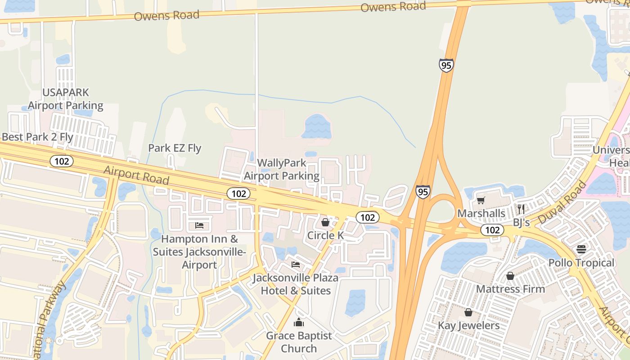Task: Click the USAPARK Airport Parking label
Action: pos(66,99)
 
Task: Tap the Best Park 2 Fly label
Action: pos(37,137)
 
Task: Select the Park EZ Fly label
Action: pos(175,148)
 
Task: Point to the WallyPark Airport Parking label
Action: pos(282,169)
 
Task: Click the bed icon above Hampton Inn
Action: pos(199,225)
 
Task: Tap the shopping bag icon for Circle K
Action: pos(325,222)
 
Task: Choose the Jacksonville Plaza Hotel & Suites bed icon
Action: pos(296,264)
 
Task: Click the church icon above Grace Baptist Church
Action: pos(299,322)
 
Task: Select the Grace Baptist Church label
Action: pos(299,342)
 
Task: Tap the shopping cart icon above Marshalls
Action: pos(481,200)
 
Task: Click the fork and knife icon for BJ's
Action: pos(521,209)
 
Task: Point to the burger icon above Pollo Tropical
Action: pos(581,249)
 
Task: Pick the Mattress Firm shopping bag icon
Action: pos(510,275)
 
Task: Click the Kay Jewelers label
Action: pos(469,325)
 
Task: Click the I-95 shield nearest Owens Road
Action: pos(446,66)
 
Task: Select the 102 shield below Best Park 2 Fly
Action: pos(62,161)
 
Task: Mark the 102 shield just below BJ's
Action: pos(492,230)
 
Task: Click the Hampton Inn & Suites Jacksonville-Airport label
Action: pos(199,252)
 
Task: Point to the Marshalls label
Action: pos(481,213)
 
